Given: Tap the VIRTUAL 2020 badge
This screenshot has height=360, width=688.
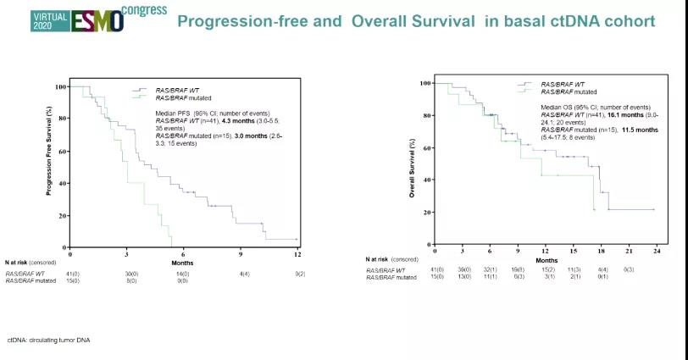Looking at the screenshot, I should [29, 21].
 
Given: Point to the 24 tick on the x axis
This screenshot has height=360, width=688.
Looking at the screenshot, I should [655, 250].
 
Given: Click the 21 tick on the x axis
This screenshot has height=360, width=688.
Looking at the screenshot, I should [628, 250].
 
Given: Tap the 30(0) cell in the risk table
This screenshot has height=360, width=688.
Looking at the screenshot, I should [127, 273].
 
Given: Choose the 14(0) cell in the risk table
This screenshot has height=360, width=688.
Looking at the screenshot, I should [184, 273].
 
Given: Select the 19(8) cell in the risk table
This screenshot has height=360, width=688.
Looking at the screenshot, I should [518, 269].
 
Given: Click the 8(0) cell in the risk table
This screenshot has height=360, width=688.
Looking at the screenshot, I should [127, 280].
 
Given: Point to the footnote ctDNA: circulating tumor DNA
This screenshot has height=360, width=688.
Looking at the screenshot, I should [49, 340].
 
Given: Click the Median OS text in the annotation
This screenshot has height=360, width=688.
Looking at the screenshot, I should [558, 108].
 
